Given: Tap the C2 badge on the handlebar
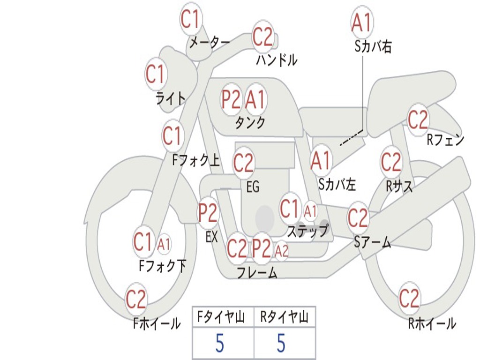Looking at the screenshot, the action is pyautogui.click(x=263, y=37).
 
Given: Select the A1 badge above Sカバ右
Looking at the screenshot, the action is pyautogui.click(x=361, y=22).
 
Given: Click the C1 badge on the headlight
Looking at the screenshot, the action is pyautogui.click(x=156, y=74).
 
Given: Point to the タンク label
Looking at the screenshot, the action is pyautogui.click(x=250, y=123).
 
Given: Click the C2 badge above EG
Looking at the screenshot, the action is pyautogui.click(x=243, y=163).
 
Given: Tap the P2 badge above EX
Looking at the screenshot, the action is pyautogui.click(x=208, y=213).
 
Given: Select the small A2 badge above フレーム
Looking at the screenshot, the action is pyautogui.click(x=281, y=251).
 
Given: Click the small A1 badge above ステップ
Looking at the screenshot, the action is pyautogui.click(x=310, y=211).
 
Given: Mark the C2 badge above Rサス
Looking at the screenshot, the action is pyautogui.click(x=391, y=163).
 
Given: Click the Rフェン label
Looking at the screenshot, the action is pyautogui.click(x=445, y=140).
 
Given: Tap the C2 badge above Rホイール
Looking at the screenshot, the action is pyautogui.click(x=409, y=298).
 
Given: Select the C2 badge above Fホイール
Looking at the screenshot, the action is pyautogui.click(x=136, y=299).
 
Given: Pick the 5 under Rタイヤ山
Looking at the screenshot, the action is pyautogui.click(x=281, y=343).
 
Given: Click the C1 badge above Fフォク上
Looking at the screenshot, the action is pyautogui.click(x=172, y=136).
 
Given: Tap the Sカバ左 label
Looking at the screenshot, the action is pyautogui.click(x=337, y=184).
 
